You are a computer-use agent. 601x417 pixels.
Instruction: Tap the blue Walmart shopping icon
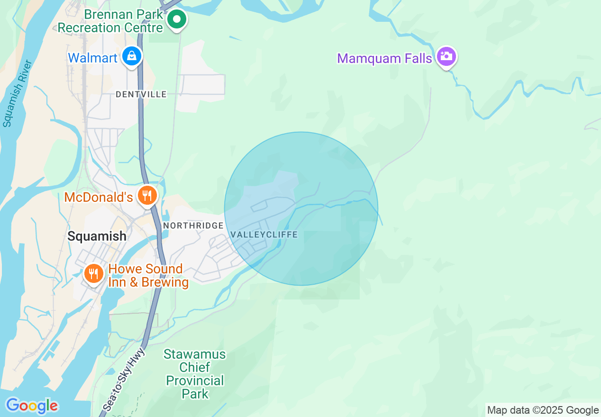point(132,56)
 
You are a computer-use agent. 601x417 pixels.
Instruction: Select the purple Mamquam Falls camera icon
point(446,57)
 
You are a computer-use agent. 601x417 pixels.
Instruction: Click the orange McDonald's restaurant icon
point(147,195)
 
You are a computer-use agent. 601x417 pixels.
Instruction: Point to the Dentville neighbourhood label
point(141,94)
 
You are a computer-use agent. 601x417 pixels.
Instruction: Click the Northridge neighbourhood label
point(193,226)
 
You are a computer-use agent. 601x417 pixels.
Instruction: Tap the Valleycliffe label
point(264,235)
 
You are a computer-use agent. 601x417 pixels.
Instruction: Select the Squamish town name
point(97,236)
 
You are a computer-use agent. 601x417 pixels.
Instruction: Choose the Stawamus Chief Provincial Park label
point(195,374)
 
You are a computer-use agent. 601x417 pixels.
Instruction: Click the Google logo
point(32,406)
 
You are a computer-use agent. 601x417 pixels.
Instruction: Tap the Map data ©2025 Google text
point(543,410)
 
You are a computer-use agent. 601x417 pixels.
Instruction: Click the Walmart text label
point(92,58)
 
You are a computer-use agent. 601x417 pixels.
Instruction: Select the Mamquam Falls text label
point(384,58)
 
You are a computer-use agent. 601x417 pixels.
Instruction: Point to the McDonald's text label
point(99,197)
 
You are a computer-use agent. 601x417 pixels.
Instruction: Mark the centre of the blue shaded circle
point(301,208)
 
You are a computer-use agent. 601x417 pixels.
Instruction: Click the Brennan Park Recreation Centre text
point(110,21)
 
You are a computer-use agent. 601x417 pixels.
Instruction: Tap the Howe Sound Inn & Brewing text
point(148,276)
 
